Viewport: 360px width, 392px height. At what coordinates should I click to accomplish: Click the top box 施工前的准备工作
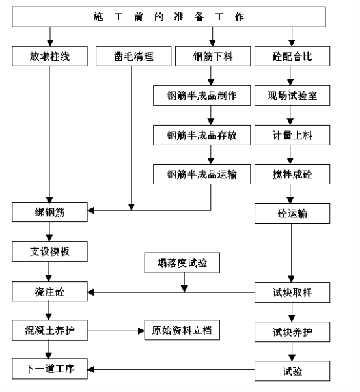tap(169, 17)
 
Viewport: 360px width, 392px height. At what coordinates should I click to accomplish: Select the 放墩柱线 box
tap(49, 56)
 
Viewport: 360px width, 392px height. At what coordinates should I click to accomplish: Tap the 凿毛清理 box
tap(133, 56)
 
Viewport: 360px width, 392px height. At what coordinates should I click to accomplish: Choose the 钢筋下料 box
tap(213, 56)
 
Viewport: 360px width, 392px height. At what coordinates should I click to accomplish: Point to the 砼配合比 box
tap(292, 56)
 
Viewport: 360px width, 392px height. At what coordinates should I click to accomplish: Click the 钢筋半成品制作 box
tap(202, 96)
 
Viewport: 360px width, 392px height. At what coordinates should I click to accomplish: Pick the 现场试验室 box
tap(292, 96)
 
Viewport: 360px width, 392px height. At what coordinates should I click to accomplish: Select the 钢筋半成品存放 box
tap(202, 135)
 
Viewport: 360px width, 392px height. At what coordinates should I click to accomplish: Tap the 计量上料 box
tap(292, 135)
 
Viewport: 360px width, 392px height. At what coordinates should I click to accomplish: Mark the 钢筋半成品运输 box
tap(202, 175)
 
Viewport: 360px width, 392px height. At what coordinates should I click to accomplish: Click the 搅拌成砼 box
tap(292, 175)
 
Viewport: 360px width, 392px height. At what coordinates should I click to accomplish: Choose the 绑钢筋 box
tap(49, 212)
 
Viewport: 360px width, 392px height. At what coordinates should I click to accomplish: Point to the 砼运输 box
tap(292, 214)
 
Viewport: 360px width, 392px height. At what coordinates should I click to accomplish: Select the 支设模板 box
tap(49, 251)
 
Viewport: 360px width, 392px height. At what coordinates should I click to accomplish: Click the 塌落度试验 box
tap(182, 263)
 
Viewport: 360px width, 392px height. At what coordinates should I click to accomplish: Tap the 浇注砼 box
tap(49, 292)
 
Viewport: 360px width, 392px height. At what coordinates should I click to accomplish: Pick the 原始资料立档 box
tap(182, 330)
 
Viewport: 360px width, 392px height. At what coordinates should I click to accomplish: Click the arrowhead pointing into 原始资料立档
tap(141, 331)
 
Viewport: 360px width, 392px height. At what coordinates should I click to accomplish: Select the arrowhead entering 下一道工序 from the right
tap(90, 369)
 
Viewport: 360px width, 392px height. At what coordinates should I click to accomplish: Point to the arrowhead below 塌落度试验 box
tap(184, 289)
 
